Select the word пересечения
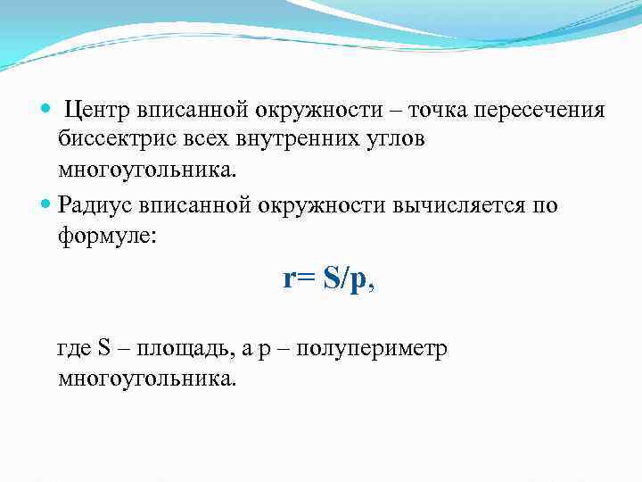coord(540,110)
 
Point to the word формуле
coord(105,235)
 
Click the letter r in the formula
coord(288,279)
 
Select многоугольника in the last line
coord(146,378)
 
